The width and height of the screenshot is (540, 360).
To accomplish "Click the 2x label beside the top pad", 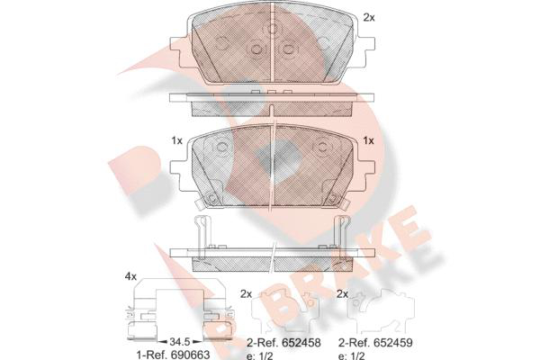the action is tap(369, 18).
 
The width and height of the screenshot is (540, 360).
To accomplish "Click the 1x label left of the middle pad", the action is tap(176, 141).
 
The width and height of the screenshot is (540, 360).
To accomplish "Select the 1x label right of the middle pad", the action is tap(368, 141).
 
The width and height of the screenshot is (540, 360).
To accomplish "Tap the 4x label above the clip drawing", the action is tap(130, 276).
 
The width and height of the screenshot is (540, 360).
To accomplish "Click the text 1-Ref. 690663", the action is tap(173, 354).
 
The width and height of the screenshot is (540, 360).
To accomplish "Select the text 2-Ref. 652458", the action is tap(283, 343).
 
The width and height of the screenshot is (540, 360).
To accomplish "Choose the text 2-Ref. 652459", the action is tap(375, 343).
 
